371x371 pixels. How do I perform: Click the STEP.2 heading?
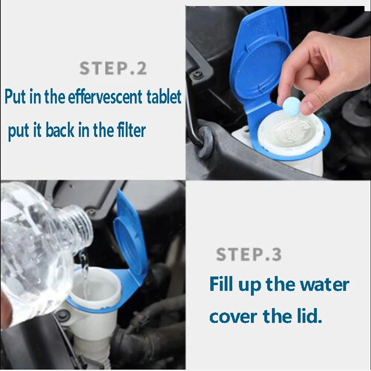(x=113, y=68)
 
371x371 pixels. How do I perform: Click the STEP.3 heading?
(x=249, y=254)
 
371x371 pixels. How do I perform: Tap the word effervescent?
(x=105, y=97)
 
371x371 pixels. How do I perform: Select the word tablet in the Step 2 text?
(x=164, y=97)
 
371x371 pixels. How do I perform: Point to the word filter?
(x=131, y=130)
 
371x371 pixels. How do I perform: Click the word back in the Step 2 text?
(x=60, y=130)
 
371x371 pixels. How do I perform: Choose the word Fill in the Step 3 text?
(x=221, y=284)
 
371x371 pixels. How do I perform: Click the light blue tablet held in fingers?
(x=292, y=106)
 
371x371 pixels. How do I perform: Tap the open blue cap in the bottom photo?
(x=130, y=239)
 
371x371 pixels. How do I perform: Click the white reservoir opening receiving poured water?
(x=95, y=286)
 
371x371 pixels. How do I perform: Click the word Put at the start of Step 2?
(x=15, y=97)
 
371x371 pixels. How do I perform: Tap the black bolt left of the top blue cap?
(x=196, y=75)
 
